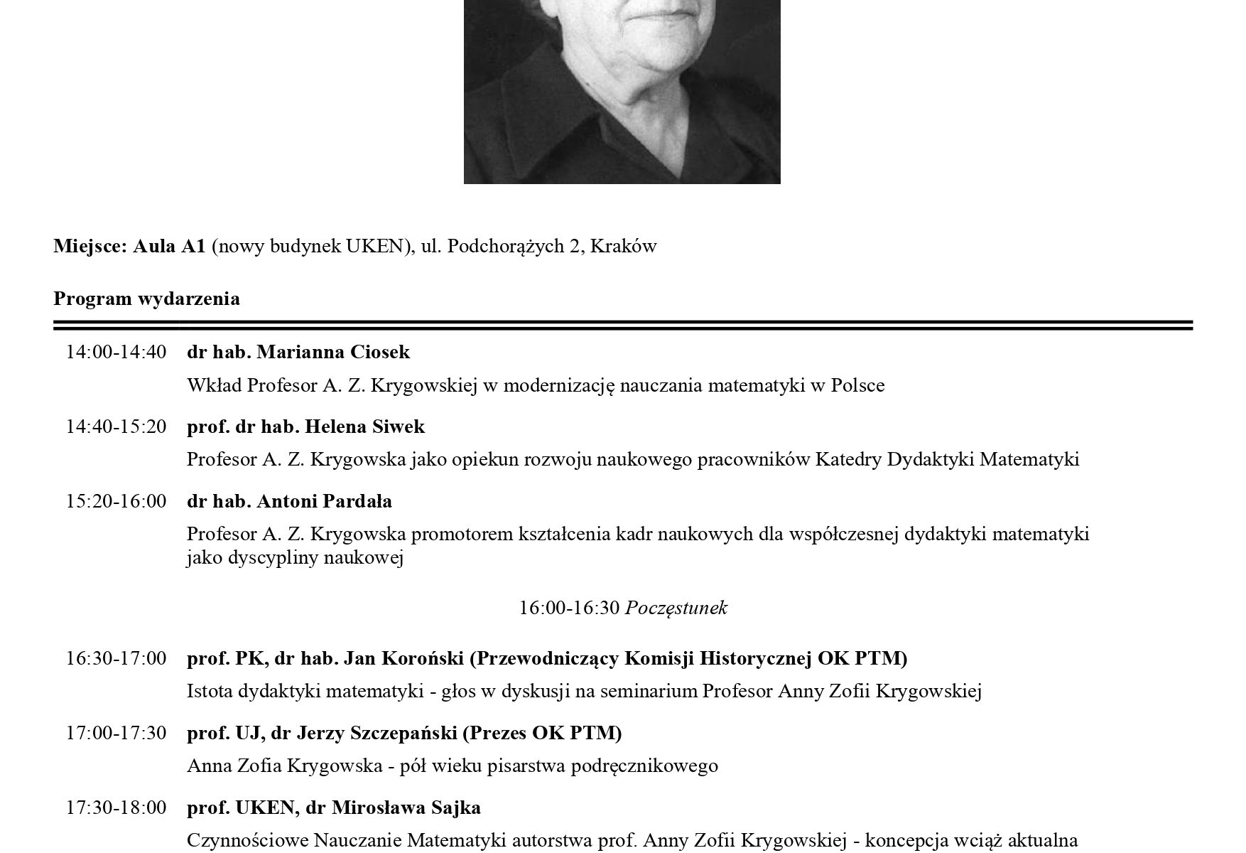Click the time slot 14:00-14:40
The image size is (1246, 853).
117,352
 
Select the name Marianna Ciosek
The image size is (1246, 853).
333,352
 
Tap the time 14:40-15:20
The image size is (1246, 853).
117,426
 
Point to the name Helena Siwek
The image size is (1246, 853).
364,426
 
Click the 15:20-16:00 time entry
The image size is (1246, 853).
117,501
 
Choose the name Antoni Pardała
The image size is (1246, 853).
324,501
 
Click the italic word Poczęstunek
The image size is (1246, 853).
676,608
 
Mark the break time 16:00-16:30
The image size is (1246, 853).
570,608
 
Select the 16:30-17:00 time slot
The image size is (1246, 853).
117,658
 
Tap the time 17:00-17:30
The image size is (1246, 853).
117,733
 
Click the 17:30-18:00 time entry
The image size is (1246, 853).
117,808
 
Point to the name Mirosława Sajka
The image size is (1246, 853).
406,808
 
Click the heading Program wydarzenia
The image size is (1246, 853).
146,299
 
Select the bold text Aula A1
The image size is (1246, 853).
169,247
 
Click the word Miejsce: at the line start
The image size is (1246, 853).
90,247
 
